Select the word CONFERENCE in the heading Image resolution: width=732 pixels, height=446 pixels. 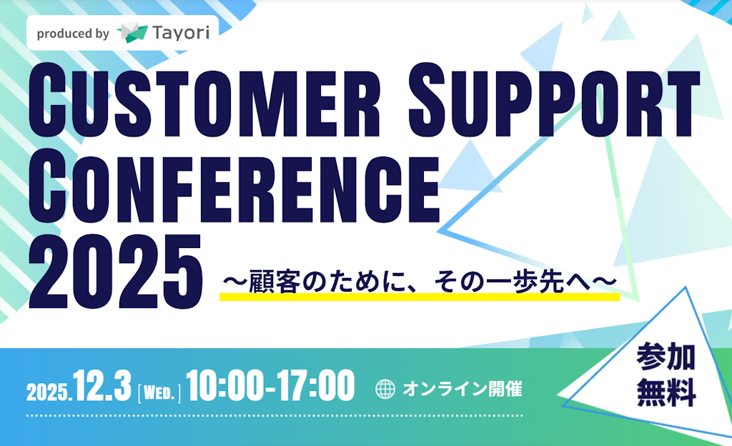[x=233, y=184]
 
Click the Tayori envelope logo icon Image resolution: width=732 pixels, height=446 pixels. [x=133, y=33]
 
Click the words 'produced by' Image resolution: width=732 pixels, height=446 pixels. [x=72, y=34]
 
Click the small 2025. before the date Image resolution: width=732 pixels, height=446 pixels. [x=48, y=392]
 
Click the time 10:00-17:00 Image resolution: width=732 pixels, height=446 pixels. [x=270, y=387]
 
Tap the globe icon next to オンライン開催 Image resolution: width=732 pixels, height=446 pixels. [x=385, y=389]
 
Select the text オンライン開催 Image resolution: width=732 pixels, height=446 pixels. [x=462, y=389]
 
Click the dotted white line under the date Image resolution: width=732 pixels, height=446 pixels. [x=274, y=415]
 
